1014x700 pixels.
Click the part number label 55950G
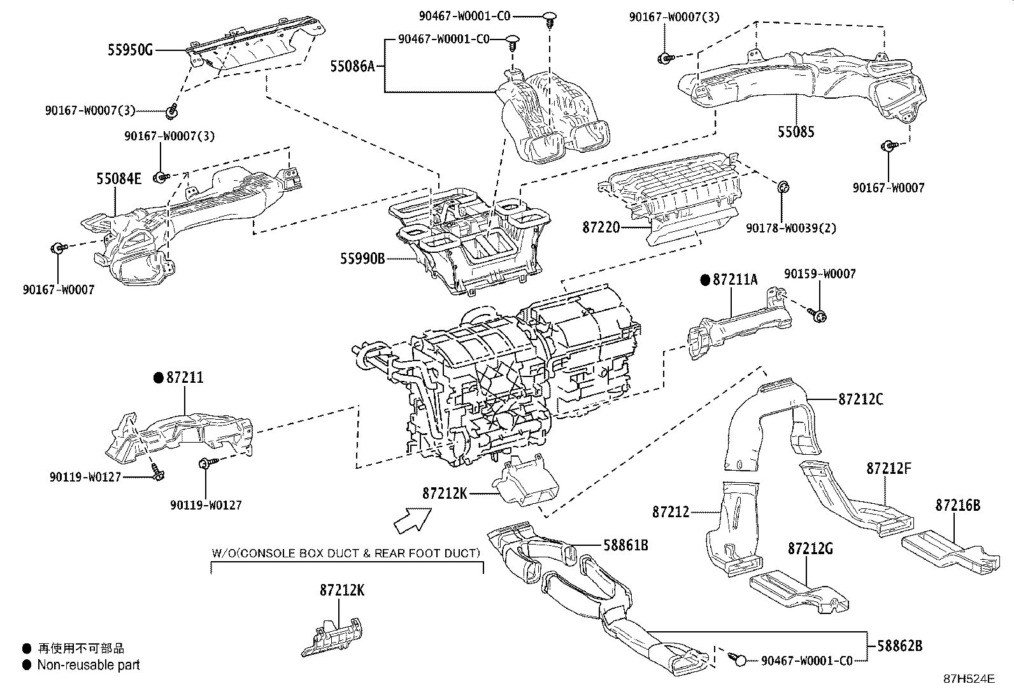[130, 49]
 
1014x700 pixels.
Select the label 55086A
[353, 66]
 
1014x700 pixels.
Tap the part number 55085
[796, 132]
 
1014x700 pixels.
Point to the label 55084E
[118, 179]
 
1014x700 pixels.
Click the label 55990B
[362, 259]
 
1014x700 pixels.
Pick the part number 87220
[601, 227]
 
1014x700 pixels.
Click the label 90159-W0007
[820, 274]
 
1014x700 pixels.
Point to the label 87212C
[860, 399]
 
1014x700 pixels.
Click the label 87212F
[889, 469]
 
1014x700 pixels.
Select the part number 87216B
[958, 506]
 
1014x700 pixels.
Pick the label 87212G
[810, 548]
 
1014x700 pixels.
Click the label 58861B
[625, 545]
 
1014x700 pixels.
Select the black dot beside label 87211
[158, 378]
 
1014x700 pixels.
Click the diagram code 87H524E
[969, 678]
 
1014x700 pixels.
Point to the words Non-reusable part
[89, 665]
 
